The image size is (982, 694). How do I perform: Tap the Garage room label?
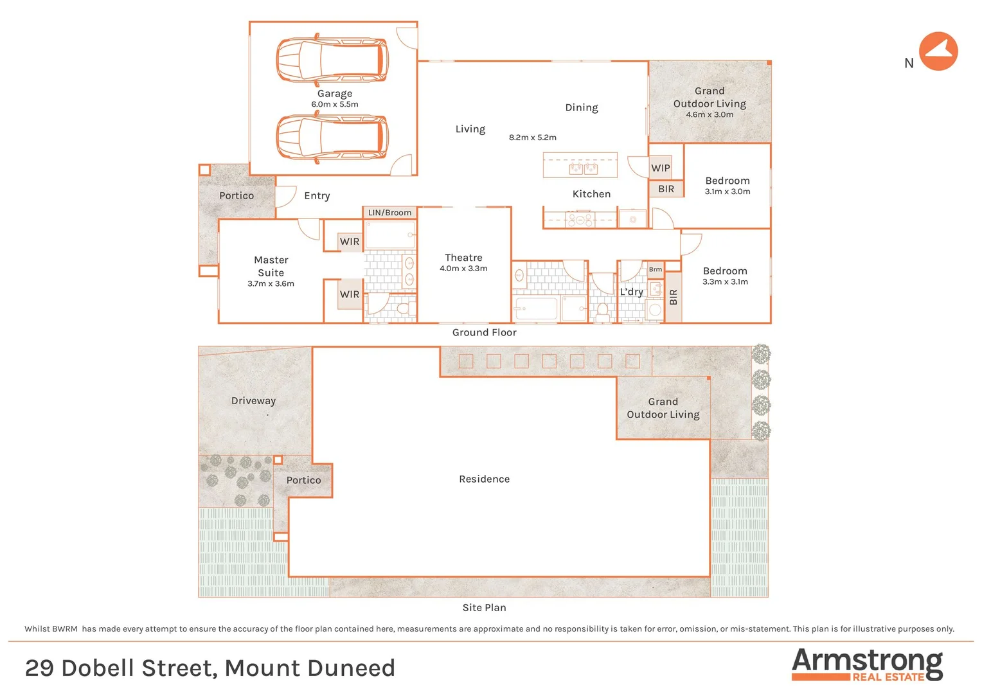coord(334,94)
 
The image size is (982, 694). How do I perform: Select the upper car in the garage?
coord(332,60)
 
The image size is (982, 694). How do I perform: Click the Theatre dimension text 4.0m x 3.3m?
coord(463,269)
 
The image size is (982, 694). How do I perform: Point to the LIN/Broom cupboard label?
coord(389,213)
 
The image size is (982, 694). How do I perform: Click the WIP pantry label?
coord(660,168)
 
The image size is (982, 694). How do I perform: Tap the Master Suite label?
coord(271,266)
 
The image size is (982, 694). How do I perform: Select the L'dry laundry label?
coord(631,292)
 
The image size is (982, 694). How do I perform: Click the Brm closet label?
coord(655,269)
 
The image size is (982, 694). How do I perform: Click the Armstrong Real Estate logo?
coord(867,664)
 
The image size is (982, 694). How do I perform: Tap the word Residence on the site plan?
coord(484,479)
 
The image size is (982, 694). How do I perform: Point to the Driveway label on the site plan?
coord(253,401)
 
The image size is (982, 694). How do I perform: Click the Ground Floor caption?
coord(484,332)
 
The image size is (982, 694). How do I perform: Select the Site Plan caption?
coord(484,608)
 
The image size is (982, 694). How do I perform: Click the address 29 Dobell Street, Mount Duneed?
coord(210,668)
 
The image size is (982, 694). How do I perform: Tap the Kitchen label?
coord(591,194)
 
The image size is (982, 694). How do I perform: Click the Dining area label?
coord(581,108)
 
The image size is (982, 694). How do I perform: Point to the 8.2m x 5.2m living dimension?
coord(533,138)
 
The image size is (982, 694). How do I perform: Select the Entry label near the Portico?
coord(317,196)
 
